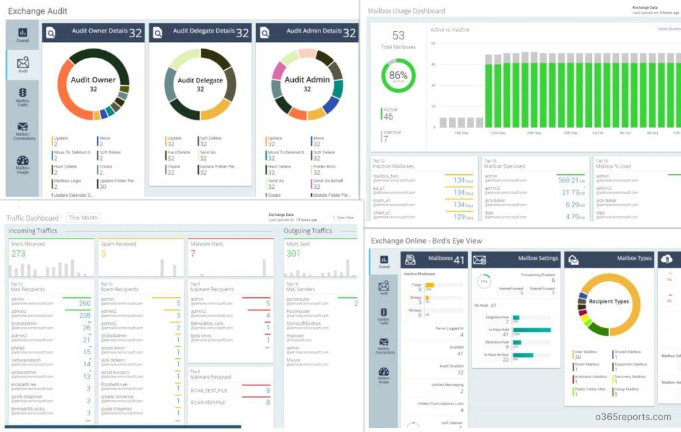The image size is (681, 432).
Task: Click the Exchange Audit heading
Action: (37, 11)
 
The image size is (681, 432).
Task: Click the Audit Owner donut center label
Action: (93, 83)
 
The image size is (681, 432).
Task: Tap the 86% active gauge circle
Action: (398, 76)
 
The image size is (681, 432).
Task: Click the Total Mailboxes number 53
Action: (398, 36)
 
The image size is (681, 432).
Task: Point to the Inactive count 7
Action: (386, 139)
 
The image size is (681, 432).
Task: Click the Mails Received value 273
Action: (19, 254)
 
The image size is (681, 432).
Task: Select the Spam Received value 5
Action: (104, 254)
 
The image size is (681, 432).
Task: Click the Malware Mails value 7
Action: (193, 254)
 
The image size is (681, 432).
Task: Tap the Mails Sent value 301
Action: (293, 254)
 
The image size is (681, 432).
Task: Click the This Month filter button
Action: (83, 218)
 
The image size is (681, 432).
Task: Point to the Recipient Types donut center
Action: (608, 302)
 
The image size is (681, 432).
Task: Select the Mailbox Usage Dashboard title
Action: (406, 11)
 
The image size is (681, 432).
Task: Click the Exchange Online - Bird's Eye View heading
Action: (426, 241)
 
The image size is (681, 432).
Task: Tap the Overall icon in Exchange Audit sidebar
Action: (23, 35)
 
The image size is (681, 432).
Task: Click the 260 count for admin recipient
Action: (85, 303)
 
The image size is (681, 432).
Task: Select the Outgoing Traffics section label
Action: (307, 231)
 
